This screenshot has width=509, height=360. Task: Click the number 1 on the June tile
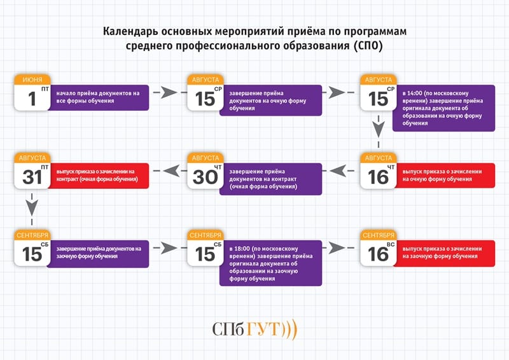pyautogui.click(x=32, y=99)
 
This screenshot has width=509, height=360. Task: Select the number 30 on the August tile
pyautogui.click(x=205, y=176)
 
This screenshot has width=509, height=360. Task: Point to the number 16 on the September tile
pyautogui.click(x=378, y=253)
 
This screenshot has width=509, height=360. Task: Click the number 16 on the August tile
pyautogui.click(x=378, y=176)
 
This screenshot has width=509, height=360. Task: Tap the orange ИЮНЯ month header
pyautogui.click(x=32, y=80)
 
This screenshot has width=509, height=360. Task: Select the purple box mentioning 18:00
pyautogui.click(x=272, y=263)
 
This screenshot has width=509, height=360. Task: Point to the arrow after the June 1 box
pyautogui.click(x=167, y=93)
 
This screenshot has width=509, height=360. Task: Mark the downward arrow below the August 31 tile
pyautogui.click(x=32, y=205)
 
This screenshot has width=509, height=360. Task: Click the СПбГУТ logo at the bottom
pyautogui.click(x=254, y=329)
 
